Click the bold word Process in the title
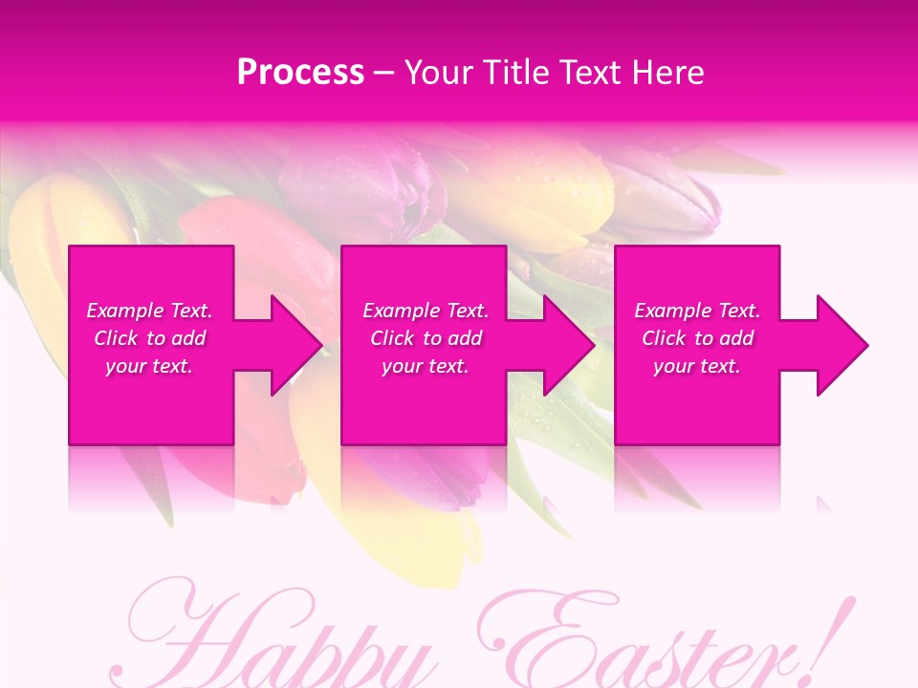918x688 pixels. point(300,73)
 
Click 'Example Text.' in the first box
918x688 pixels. point(149,311)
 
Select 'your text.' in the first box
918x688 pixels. point(149,366)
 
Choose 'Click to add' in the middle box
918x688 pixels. point(426,338)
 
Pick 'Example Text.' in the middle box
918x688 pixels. point(426,311)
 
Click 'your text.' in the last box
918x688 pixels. point(697,366)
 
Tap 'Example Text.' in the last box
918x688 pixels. point(697,311)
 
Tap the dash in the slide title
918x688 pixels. point(383,73)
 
